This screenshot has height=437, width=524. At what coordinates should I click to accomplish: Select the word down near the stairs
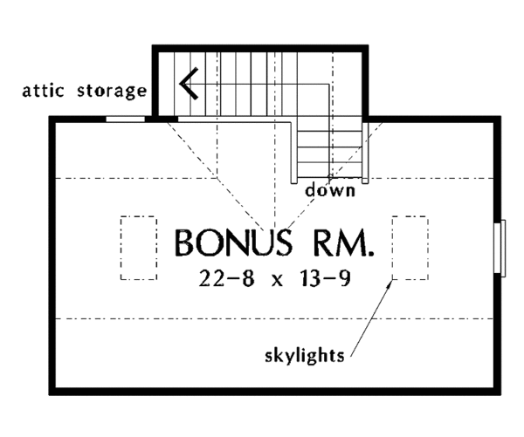[330, 189]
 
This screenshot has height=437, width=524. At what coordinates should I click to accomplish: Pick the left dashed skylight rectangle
[137, 248]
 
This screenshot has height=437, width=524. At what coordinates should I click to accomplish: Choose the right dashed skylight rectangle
[410, 248]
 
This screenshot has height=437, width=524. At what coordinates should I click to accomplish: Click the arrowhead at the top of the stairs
[186, 84]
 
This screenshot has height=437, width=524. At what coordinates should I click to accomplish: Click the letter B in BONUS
[185, 243]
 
